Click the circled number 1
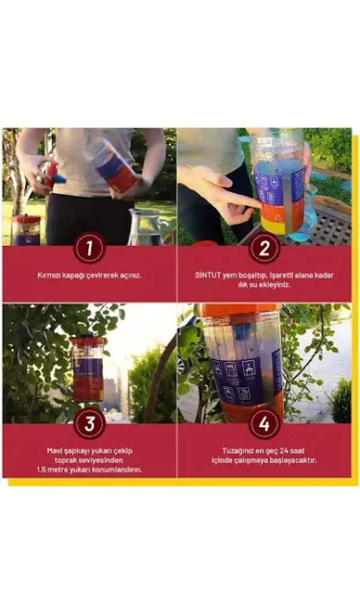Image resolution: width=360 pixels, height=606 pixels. (89, 248)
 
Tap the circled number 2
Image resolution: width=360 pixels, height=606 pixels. (264, 248)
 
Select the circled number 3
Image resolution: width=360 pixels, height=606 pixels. (89, 424)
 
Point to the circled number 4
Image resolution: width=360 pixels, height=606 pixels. (264, 424)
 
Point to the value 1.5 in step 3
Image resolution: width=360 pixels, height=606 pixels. (42, 470)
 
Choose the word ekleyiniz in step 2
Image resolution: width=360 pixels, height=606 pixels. (274, 285)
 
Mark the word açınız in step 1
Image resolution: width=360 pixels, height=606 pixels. (131, 276)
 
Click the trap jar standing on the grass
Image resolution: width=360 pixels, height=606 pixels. (26, 230)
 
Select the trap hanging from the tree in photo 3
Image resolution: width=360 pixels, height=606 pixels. (88, 369)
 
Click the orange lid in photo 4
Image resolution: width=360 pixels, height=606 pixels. (240, 310)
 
